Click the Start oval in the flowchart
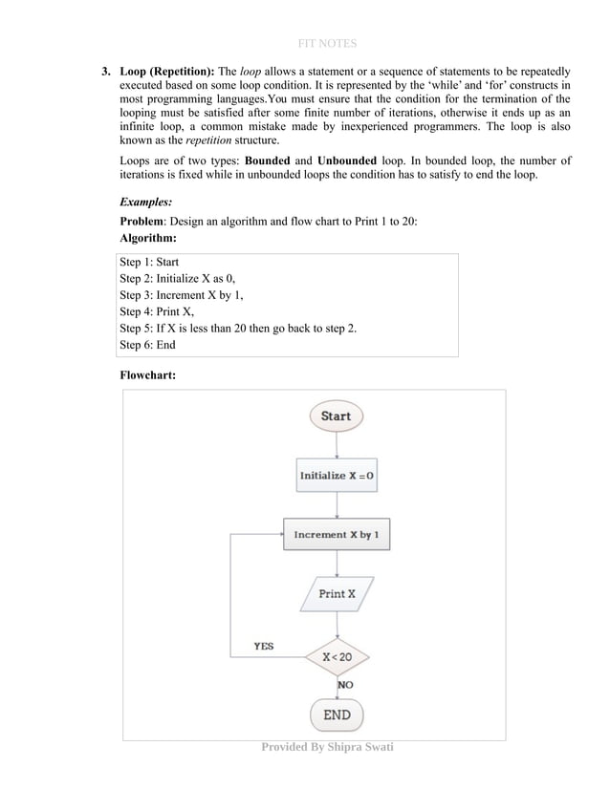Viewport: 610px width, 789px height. coord(336,416)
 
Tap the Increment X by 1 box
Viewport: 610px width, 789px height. coord(336,535)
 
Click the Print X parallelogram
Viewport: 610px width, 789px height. coord(337,593)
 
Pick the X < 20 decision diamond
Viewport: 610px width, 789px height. coord(337,657)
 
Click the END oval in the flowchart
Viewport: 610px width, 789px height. coord(337,714)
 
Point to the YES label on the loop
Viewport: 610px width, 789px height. coord(263,647)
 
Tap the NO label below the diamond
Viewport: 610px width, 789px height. coord(345,685)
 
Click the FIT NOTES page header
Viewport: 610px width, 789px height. coord(327,43)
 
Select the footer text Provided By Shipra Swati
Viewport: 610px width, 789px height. coord(327,746)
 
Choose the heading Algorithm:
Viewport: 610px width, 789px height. coord(148,238)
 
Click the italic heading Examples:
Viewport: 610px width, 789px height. coord(146,203)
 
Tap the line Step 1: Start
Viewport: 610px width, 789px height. coord(149,262)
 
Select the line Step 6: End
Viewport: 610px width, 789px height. coord(147,345)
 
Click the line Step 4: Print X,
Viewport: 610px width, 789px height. coord(157,311)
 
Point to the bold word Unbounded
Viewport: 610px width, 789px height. coord(346,160)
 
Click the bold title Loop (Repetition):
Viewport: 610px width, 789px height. coord(167,72)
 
